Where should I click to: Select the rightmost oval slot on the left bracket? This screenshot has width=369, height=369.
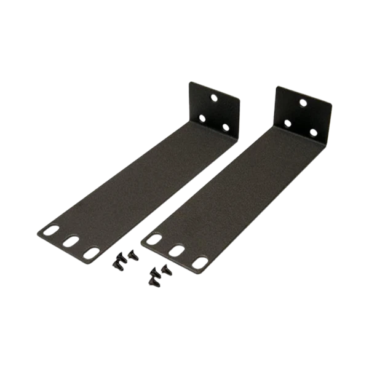tap(92, 253)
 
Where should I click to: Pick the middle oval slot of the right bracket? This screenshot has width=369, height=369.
tap(175, 250)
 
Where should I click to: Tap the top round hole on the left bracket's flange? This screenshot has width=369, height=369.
tap(214, 97)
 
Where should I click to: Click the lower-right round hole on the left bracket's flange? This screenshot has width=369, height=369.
tap(226, 127)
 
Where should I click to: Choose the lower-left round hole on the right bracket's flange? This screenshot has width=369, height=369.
tap(289, 125)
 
